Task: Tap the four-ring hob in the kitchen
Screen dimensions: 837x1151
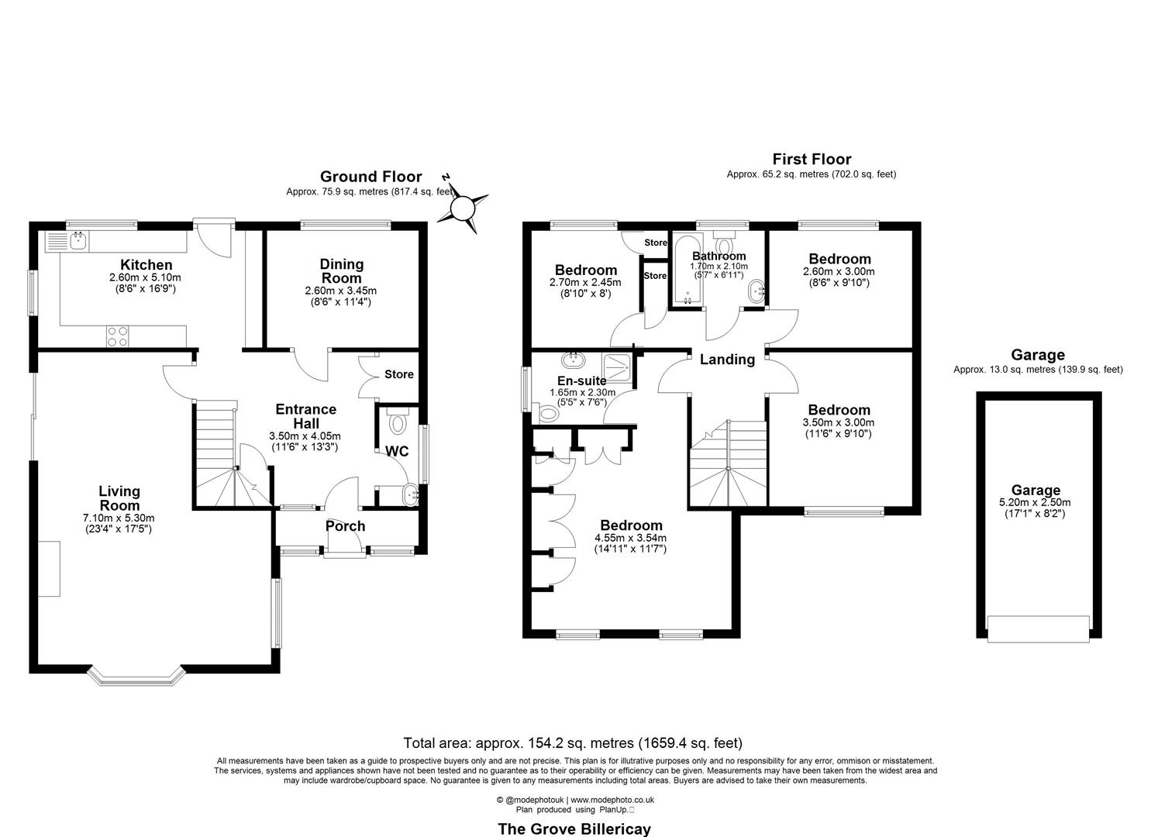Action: click(x=118, y=336)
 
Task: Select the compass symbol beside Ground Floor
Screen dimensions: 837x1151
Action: click(x=463, y=207)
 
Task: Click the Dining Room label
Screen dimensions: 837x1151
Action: click(x=341, y=271)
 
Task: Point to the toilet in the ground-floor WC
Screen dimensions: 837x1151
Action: click(x=398, y=421)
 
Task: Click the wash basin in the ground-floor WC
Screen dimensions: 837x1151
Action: click(x=408, y=494)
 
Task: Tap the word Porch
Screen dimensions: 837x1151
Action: click(x=345, y=526)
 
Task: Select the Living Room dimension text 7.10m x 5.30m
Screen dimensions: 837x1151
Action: click(x=119, y=518)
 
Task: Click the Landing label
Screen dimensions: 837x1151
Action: click(x=727, y=360)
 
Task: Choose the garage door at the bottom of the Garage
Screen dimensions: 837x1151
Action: click(x=1039, y=628)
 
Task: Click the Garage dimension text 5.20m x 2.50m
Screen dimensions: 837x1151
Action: click(x=1036, y=502)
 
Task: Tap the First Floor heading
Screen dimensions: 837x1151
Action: click(x=811, y=160)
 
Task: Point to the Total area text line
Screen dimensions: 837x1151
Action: click(x=573, y=743)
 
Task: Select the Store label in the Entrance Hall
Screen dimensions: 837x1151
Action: click(x=399, y=374)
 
